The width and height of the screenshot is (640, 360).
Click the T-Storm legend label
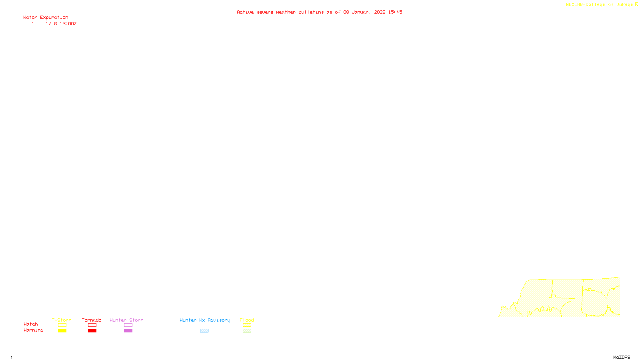pos(62,320)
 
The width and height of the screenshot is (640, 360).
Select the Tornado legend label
pos(92,320)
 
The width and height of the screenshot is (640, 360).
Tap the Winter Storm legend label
pos(126,320)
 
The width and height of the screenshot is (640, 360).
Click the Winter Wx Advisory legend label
pos(205,320)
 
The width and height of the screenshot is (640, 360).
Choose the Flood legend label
pos(247,320)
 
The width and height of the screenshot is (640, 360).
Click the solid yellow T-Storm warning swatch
pos(62,331)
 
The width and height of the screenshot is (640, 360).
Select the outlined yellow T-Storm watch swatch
pos(62,325)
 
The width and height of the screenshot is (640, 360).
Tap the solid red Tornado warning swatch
pos(92,331)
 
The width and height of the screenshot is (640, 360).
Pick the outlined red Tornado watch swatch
pos(92,325)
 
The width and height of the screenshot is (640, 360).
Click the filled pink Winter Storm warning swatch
pos(128,331)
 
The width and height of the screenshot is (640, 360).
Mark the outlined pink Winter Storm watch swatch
pos(128,325)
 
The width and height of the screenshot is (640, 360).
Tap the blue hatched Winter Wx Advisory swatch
pos(204,331)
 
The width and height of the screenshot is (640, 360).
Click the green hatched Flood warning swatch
pos(247,331)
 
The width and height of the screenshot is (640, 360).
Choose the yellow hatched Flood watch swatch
pos(247,325)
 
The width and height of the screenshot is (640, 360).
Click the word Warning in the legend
pos(33,330)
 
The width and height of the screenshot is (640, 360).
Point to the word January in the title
pos(362,12)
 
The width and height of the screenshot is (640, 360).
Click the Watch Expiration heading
pos(46,18)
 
